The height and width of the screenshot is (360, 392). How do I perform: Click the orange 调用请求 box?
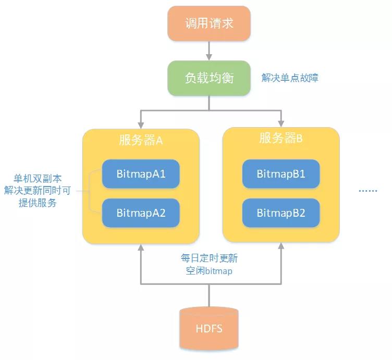coord(209,24)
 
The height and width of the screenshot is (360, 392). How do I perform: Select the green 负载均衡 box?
coord(209,78)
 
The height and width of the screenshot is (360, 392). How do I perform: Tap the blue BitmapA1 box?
coord(141,173)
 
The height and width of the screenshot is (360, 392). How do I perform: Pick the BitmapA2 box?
coord(141,213)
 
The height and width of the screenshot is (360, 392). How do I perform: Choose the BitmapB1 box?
coord(281,173)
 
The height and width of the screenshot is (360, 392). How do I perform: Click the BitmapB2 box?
coord(281,213)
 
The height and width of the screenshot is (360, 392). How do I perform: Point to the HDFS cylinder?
coord(209,328)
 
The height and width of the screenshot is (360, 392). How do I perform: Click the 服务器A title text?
coord(141,140)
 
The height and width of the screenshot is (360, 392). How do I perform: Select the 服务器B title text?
coord(281,138)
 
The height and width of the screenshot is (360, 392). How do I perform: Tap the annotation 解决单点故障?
coord(290,78)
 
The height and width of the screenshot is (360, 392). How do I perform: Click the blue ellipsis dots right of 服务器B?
coord(367,191)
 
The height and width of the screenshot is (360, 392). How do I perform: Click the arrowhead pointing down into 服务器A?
coord(141,125)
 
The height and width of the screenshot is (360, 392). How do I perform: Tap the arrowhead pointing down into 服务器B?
coord(281,125)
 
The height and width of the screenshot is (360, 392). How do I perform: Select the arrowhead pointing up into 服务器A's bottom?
coord(141,248)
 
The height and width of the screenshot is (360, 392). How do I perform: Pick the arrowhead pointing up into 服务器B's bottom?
coord(281,248)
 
